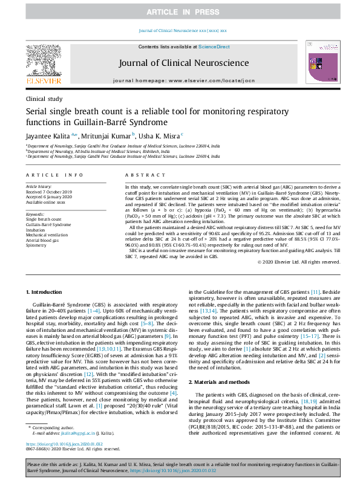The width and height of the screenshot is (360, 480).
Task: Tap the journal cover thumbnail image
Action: [x=319, y=63]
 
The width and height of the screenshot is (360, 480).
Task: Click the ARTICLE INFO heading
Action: [x=54, y=175]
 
